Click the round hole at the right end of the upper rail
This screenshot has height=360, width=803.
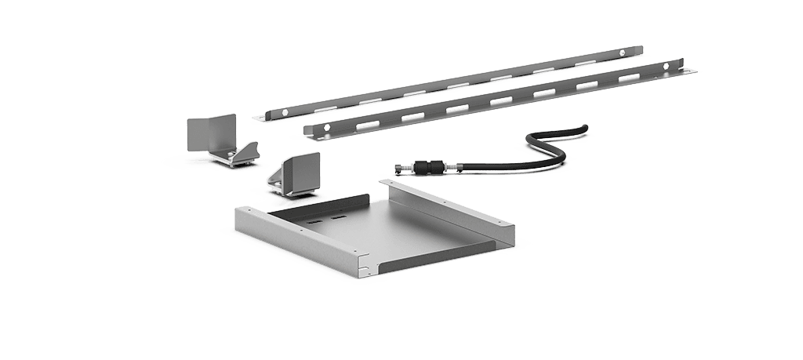click(622, 53)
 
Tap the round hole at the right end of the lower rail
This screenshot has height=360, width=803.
click(665, 67)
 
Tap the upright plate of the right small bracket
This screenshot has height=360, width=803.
click(301, 173)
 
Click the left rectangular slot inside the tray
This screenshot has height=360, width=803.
click(313, 222)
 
